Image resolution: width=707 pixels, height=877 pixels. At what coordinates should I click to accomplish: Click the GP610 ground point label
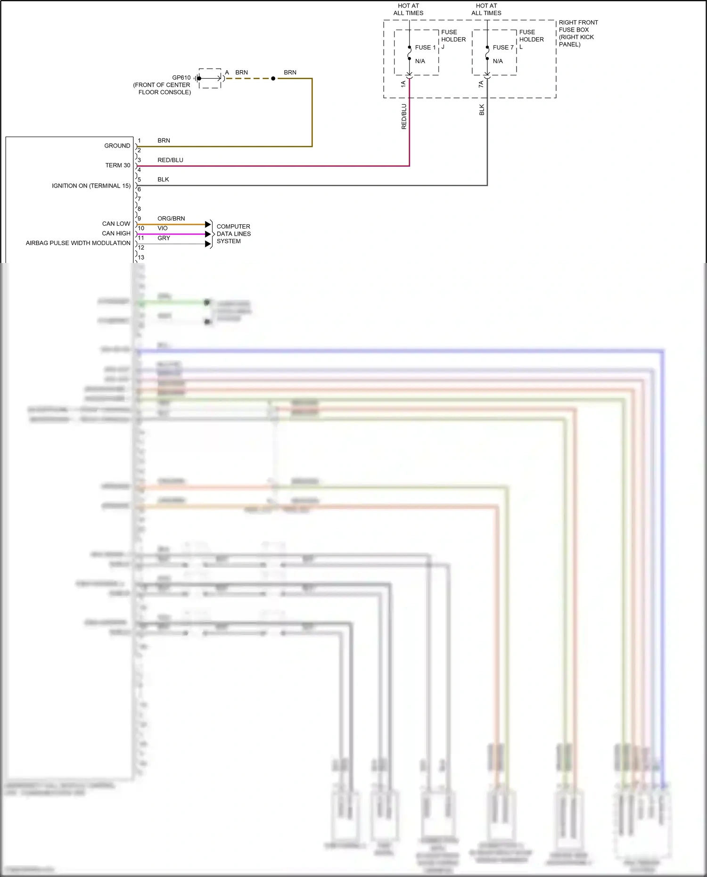(x=181, y=78)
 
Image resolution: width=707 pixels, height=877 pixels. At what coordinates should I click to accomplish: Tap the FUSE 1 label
(x=425, y=48)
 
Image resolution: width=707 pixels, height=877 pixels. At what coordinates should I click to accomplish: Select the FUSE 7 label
(x=503, y=48)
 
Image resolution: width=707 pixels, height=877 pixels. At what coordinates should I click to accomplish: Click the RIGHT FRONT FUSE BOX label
(x=578, y=33)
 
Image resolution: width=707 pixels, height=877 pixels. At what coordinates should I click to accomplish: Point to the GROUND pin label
(x=117, y=146)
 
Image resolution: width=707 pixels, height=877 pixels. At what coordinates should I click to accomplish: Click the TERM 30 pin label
(x=117, y=165)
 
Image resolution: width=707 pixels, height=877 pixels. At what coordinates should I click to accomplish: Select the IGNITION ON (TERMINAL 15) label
(x=91, y=186)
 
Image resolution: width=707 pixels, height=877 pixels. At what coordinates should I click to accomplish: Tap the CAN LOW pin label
(x=116, y=224)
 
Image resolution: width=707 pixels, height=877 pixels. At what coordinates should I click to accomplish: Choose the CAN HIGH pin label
(x=116, y=233)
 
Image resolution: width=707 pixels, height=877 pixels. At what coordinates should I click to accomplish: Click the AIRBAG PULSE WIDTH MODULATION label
(x=78, y=243)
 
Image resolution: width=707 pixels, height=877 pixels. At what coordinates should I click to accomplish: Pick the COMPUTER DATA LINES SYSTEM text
(x=233, y=234)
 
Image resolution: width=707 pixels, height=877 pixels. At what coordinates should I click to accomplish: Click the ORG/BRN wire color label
(x=171, y=219)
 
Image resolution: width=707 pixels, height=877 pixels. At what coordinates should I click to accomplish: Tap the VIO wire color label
(x=163, y=228)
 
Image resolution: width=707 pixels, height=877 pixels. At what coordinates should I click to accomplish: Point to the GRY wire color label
(x=164, y=238)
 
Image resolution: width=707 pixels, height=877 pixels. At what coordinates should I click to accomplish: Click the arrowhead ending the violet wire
(x=208, y=234)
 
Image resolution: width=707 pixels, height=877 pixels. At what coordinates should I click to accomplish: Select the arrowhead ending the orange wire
(x=208, y=224)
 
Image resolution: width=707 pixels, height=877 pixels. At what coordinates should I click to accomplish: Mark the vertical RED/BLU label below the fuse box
(x=404, y=116)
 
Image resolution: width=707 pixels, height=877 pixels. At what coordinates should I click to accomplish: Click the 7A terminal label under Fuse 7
(x=481, y=84)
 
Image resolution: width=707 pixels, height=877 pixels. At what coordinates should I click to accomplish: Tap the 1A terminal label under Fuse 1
(x=403, y=84)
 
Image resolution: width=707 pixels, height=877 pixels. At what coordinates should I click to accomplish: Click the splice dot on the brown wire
(x=273, y=78)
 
